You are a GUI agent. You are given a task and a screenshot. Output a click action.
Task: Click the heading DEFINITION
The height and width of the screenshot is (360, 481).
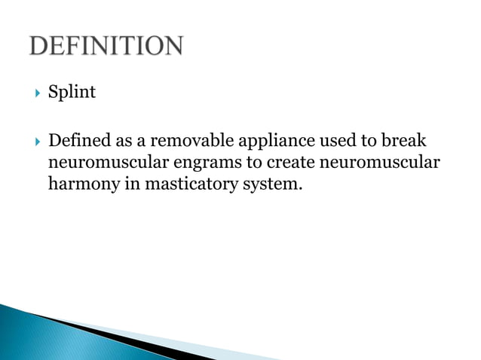[106, 47]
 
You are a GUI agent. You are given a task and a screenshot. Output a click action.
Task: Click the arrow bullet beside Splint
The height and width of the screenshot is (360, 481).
[34, 93]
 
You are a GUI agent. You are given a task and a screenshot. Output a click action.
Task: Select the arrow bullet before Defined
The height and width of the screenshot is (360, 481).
[34, 141]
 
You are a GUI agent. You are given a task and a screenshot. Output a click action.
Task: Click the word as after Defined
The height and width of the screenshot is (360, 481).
[123, 141]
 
